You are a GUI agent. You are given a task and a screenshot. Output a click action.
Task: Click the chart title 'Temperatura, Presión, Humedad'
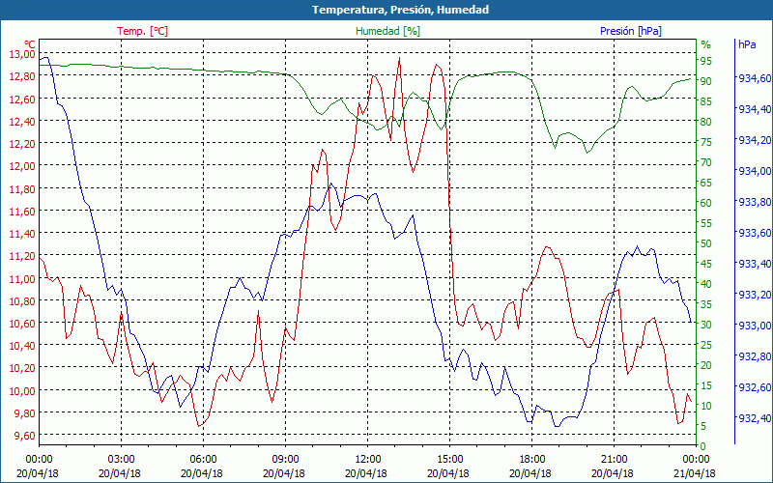click(x=386, y=10)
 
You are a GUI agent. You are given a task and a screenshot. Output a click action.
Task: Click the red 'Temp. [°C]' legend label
click(x=142, y=31)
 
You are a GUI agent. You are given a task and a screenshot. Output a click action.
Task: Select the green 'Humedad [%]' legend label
click(x=387, y=31)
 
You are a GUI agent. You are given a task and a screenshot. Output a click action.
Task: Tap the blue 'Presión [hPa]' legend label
click(x=630, y=31)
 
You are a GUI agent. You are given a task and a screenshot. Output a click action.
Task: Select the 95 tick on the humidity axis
click(x=706, y=60)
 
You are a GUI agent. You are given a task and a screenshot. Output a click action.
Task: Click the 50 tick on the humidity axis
click(x=706, y=242)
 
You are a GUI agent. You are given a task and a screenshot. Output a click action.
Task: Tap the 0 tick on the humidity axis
click(x=703, y=445)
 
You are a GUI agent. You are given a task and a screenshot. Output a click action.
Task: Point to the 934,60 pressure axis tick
click(x=754, y=78)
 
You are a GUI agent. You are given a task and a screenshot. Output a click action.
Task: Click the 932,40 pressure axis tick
click(x=754, y=418)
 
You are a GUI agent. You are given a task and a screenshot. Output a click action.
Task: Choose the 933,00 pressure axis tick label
click(x=754, y=326)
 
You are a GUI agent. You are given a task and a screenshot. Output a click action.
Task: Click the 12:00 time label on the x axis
click(x=367, y=459)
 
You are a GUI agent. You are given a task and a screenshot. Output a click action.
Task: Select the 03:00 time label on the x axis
click(x=121, y=459)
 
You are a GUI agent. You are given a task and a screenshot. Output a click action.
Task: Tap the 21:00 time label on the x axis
click(x=614, y=459)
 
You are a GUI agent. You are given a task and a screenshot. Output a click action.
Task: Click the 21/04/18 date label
click(x=696, y=473)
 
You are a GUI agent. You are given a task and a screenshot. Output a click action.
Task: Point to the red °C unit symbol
click(x=30, y=43)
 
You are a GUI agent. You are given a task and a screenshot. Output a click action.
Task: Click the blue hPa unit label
click(x=746, y=44)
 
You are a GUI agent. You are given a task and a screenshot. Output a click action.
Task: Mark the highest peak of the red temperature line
click(x=399, y=58)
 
